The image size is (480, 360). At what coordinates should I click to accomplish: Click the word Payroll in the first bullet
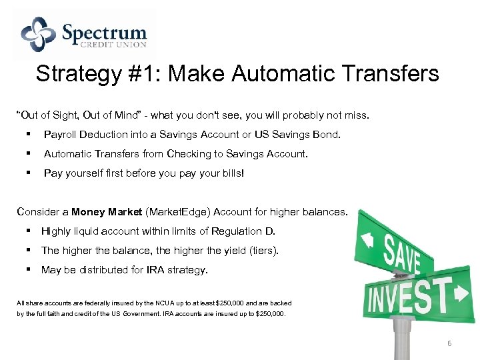(x=60, y=135)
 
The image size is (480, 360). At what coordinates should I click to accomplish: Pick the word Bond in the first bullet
(x=327, y=135)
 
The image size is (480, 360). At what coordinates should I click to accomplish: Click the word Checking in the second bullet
(x=187, y=154)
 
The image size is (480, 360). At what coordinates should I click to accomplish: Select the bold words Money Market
(x=106, y=212)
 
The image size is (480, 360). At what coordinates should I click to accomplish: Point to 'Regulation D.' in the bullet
(x=243, y=231)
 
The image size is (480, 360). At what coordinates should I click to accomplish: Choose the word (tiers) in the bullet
(x=263, y=251)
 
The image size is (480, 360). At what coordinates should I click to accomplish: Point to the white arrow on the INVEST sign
(x=461, y=293)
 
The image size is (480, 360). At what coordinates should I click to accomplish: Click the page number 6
(x=449, y=343)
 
